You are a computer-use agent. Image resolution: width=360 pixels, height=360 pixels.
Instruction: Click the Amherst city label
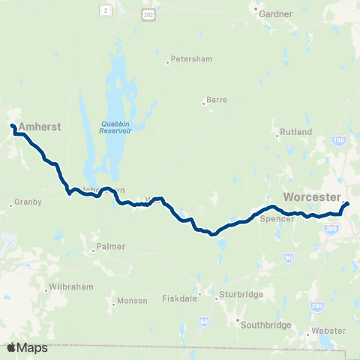tap(39, 127)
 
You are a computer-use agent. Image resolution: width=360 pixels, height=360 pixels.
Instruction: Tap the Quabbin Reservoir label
tap(115, 127)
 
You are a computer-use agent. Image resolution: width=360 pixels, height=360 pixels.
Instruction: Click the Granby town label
tap(28, 202)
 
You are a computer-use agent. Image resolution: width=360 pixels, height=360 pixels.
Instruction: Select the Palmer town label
tap(109, 247)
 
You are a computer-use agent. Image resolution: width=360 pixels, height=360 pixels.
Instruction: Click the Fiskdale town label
tap(178, 298)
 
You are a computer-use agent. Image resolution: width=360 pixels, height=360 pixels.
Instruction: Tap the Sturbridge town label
tap(241, 295)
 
